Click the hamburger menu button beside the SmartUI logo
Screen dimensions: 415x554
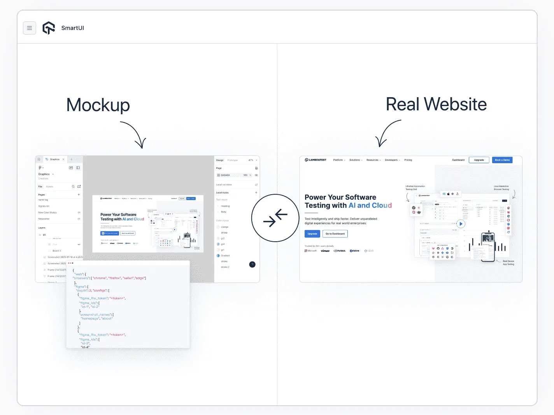(x=30, y=28)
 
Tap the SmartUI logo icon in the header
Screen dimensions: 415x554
(x=49, y=28)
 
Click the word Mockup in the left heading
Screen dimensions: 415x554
(x=98, y=105)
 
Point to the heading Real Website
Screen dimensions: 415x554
(x=436, y=104)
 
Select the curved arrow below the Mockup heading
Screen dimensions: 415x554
(x=134, y=134)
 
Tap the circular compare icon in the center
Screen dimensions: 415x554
(x=275, y=218)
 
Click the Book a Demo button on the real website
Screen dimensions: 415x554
(x=502, y=160)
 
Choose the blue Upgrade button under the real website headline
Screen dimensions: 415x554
(x=312, y=234)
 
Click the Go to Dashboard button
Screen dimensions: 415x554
(x=335, y=234)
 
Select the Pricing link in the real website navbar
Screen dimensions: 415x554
(x=408, y=160)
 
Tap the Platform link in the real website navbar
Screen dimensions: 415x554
(x=338, y=160)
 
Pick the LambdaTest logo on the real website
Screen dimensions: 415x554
(x=316, y=160)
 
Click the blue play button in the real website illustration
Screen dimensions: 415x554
(x=461, y=224)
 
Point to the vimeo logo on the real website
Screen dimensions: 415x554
(x=325, y=251)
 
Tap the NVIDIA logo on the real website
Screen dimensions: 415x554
(x=340, y=251)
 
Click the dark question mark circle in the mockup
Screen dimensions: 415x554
(x=252, y=265)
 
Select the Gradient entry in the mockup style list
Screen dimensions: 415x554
(x=225, y=256)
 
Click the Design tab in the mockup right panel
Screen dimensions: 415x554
(x=220, y=160)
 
